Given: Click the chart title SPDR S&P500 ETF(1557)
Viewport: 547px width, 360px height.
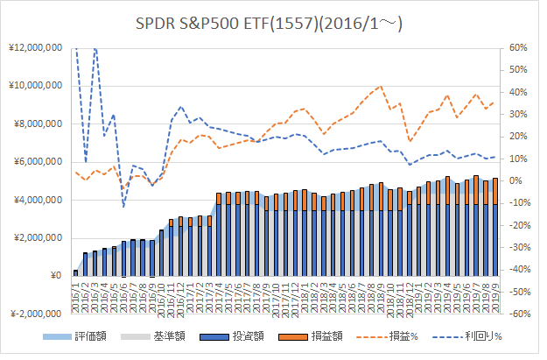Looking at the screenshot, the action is (x=269, y=25).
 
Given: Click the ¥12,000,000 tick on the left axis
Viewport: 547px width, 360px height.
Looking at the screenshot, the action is (x=36, y=47).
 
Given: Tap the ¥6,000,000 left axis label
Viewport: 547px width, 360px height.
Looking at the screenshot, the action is (x=38, y=162).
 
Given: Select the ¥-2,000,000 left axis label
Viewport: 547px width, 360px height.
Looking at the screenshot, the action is (x=36, y=314).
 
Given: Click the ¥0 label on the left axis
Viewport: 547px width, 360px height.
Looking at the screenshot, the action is (x=57, y=276).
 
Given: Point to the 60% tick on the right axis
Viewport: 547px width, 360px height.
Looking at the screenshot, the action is (x=518, y=48).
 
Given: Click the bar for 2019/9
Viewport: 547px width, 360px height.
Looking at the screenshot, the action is (x=495, y=227).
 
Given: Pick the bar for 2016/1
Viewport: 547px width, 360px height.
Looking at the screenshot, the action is (x=75, y=273).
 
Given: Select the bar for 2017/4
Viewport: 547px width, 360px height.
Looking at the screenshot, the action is (x=219, y=234).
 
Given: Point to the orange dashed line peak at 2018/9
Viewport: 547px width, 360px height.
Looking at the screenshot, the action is (x=381, y=86).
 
